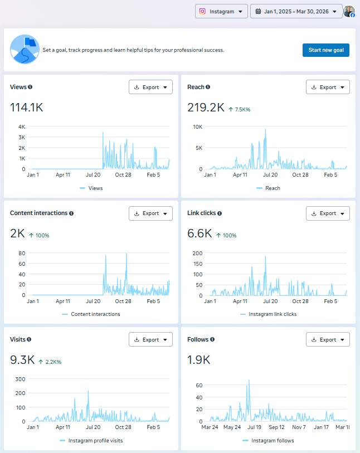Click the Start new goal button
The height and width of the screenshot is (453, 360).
click(x=326, y=50)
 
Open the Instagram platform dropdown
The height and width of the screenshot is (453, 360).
click(x=221, y=11)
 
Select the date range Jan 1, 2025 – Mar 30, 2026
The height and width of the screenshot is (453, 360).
click(x=296, y=11)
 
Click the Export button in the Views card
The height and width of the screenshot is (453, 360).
click(x=150, y=87)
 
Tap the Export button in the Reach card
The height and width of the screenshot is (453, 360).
click(x=328, y=87)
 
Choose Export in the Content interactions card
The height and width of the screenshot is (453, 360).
click(x=150, y=213)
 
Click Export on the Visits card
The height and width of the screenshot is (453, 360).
click(x=150, y=340)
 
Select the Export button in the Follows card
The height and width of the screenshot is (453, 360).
click(x=328, y=340)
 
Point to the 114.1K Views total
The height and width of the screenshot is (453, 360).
click(x=27, y=108)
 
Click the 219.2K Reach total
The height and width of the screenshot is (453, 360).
click(x=206, y=108)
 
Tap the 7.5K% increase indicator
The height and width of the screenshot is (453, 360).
click(x=240, y=109)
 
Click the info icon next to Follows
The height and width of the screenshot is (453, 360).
click(x=212, y=339)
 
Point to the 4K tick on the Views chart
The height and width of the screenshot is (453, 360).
click(x=22, y=126)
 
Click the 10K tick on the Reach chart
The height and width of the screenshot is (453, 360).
click(x=197, y=126)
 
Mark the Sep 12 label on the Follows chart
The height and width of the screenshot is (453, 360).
click(x=277, y=427)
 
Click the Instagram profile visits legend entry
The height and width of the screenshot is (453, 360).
click(x=95, y=441)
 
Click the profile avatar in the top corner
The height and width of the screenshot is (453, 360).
click(x=349, y=11)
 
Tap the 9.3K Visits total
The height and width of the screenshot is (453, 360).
click(x=22, y=361)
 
